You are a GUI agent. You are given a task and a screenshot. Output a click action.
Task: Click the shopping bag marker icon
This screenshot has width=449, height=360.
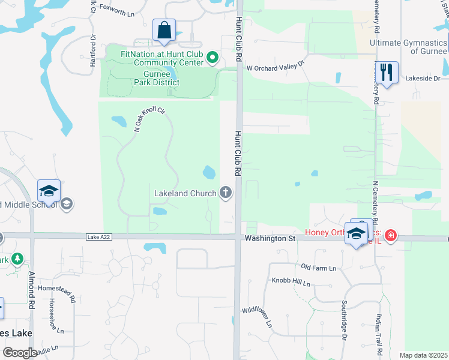164,31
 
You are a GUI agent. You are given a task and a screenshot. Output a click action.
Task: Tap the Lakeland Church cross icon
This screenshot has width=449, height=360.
226,192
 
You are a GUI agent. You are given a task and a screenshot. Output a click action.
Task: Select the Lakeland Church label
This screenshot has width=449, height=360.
185,193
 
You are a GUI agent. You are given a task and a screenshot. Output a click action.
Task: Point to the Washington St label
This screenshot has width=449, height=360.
270,238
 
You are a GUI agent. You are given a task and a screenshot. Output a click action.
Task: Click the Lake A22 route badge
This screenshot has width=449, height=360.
98,237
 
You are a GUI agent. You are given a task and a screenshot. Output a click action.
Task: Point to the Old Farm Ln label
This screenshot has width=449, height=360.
318,267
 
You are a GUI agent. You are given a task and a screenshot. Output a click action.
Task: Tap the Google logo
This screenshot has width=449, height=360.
19,352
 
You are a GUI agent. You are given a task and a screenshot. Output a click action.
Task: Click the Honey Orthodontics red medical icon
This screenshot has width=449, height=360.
391,235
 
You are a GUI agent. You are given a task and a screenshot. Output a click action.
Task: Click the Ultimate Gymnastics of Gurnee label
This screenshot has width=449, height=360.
409,47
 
